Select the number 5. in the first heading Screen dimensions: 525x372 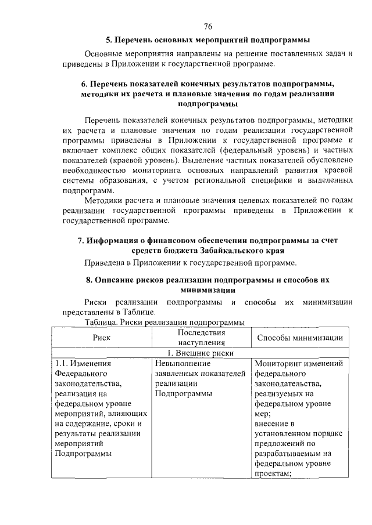[109, 40]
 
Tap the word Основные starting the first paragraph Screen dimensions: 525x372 [104, 53]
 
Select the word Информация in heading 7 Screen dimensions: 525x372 [113, 240]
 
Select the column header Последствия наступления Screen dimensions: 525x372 [201, 338]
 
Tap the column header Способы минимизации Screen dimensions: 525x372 [299, 338]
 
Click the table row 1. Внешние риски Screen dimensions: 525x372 [201, 353]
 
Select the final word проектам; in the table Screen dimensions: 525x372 [273, 474]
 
